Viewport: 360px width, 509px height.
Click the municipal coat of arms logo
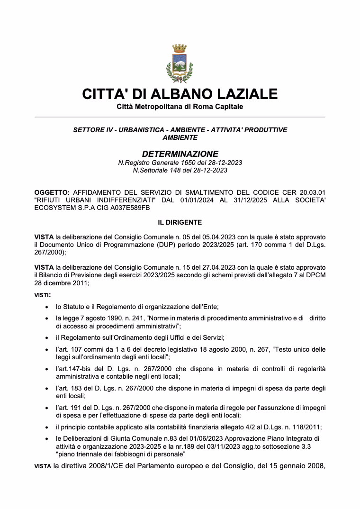pyautogui.click(x=180, y=63)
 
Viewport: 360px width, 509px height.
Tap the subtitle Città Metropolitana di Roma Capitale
pyautogui.click(x=180, y=107)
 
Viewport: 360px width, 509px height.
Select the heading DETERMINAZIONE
pyautogui.click(x=180, y=154)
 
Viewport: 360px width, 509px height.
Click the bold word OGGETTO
pyautogui.click(x=52, y=193)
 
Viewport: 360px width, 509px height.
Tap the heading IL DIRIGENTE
pyautogui.click(x=180, y=222)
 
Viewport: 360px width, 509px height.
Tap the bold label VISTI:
pyautogui.click(x=43, y=295)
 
